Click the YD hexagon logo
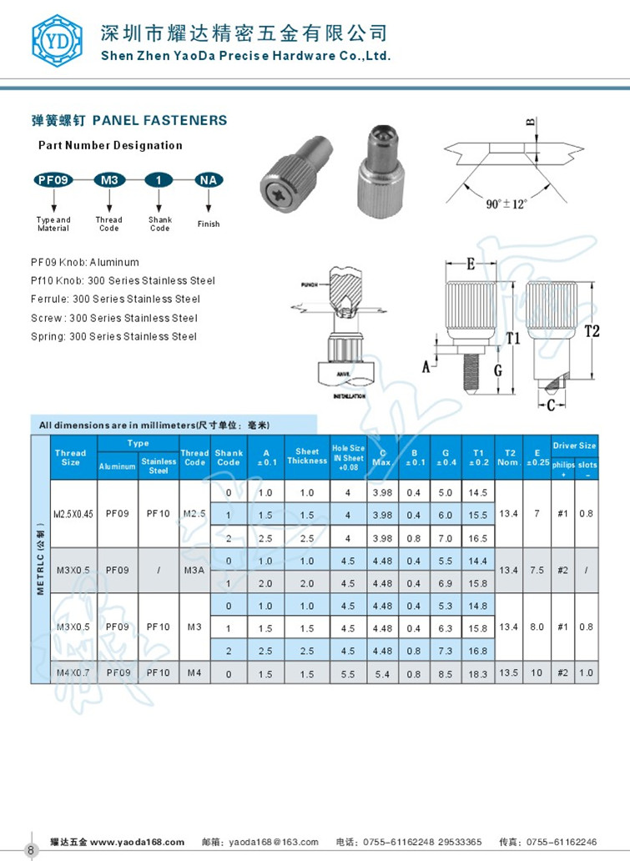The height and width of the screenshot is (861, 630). click(x=58, y=40)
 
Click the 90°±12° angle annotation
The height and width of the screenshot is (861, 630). click(x=507, y=203)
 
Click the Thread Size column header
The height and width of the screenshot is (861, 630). click(x=70, y=457)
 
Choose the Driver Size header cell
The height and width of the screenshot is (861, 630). click(x=575, y=446)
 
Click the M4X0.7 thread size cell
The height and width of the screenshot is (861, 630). click(x=71, y=672)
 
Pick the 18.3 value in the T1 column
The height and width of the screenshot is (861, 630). click(x=478, y=673)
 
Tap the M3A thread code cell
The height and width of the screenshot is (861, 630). click(x=194, y=571)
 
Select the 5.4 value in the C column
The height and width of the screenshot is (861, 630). click(x=381, y=673)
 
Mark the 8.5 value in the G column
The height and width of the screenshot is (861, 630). click(x=446, y=673)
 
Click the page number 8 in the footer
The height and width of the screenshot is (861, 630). click(x=30, y=850)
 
